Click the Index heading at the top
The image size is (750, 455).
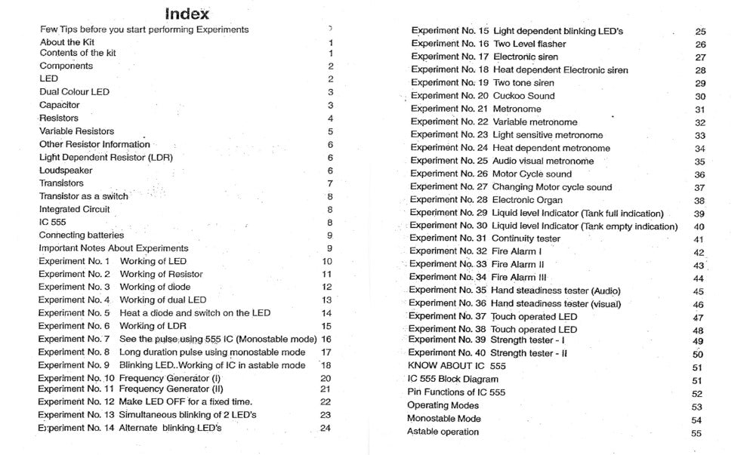click(x=187, y=14)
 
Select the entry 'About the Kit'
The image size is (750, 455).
click(x=66, y=42)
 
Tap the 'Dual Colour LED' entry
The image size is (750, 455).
click(x=74, y=92)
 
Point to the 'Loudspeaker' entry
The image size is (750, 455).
click(x=66, y=171)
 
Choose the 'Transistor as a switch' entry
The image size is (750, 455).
click(x=83, y=196)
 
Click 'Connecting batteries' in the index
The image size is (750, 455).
click(x=81, y=235)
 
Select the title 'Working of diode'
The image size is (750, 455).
click(x=155, y=287)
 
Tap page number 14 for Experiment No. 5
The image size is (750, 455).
click(x=326, y=313)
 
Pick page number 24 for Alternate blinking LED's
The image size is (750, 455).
click(x=326, y=429)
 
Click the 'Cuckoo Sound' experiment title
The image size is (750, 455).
click(x=523, y=96)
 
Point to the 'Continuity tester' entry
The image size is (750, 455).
click(x=526, y=238)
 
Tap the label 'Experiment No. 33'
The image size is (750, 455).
click(x=447, y=264)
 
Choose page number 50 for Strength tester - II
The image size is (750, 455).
click(x=697, y=355)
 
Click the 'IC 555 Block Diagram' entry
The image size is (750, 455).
click(x=452, y=379)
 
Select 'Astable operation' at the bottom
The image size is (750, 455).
click(x=443, y=432)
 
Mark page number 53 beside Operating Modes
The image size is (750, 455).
click(x=696, y=407)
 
